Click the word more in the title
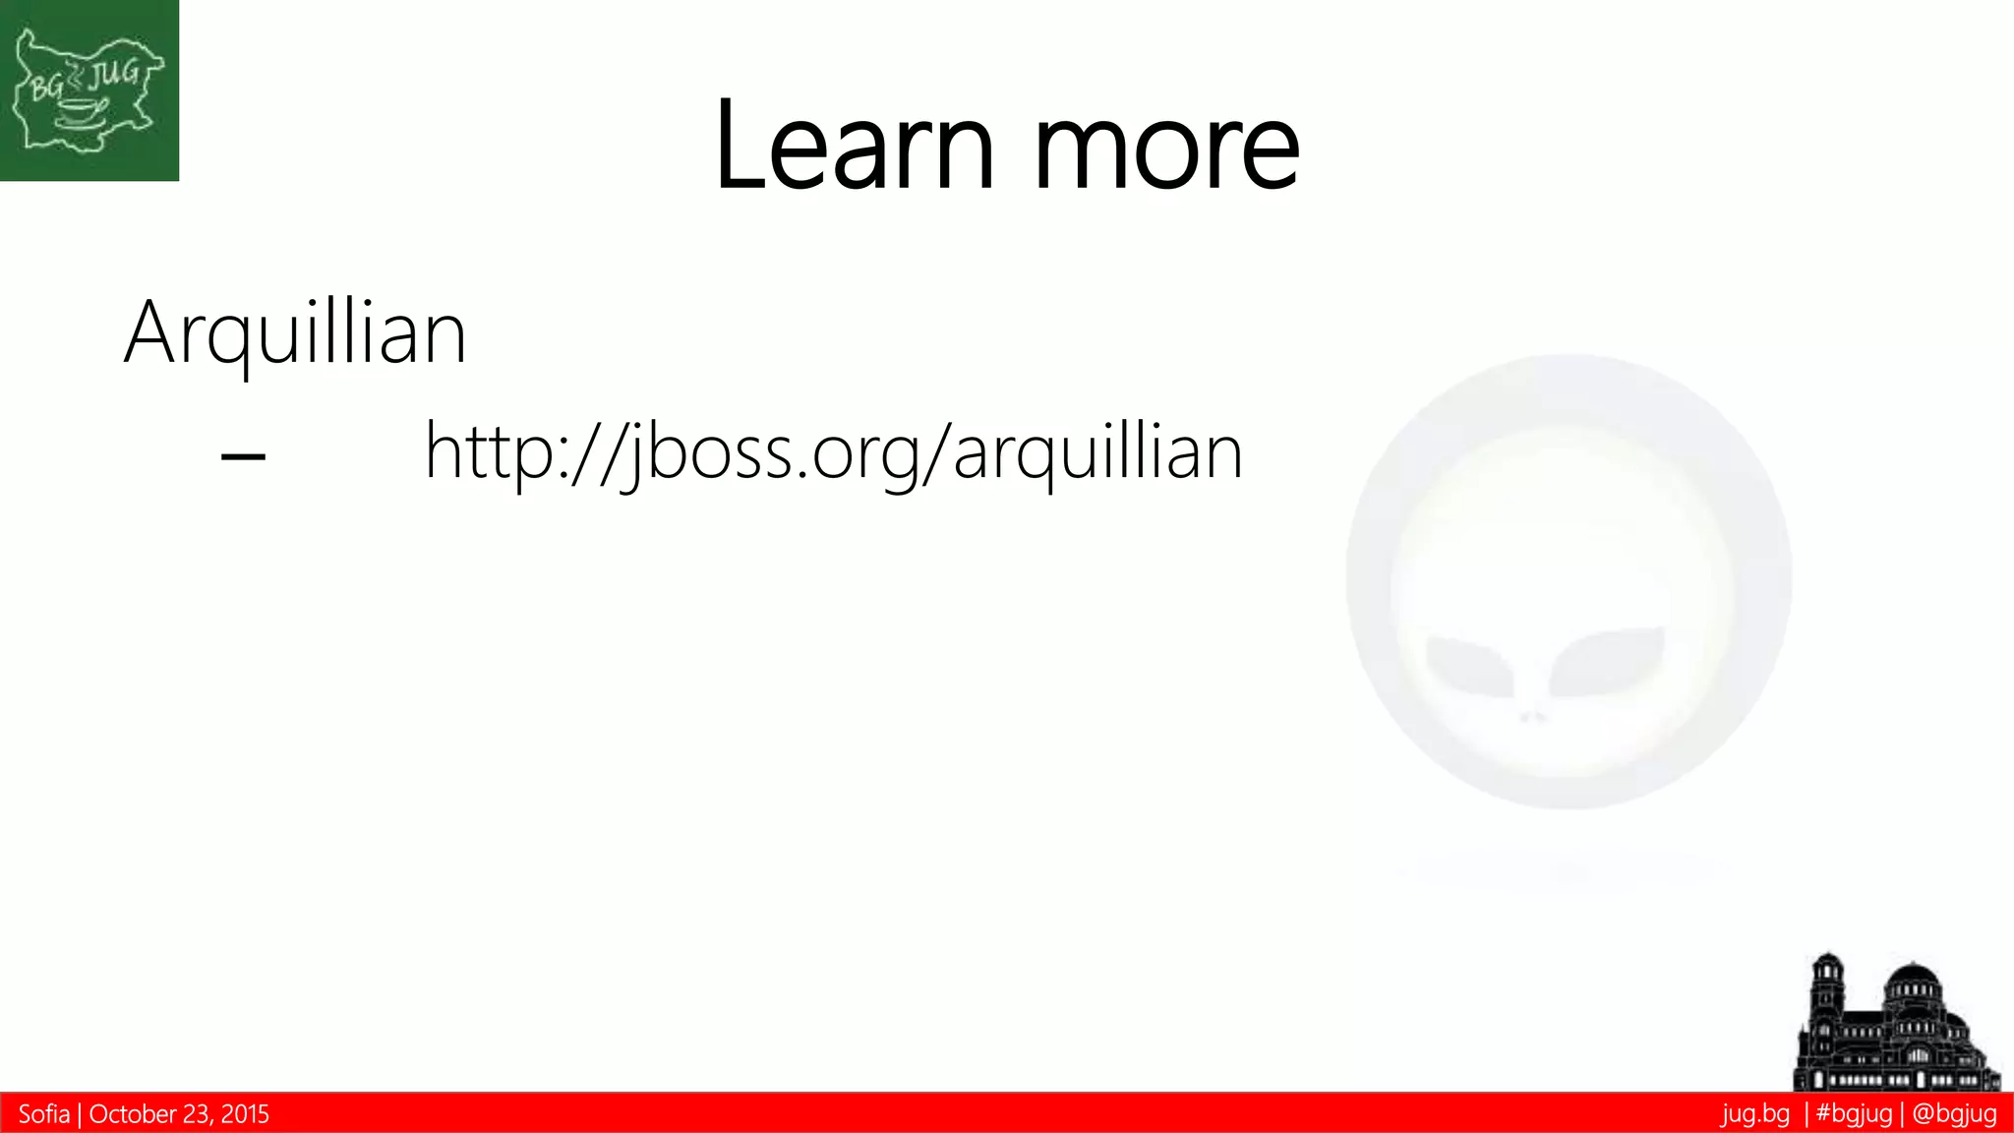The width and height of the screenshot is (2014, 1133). pyautogui.click(x=1167, y=152)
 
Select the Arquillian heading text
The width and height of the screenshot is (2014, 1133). pyautogui.click(x=295, y=334)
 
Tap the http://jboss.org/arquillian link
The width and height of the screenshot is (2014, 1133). pyautogui.click(x=834, y=452)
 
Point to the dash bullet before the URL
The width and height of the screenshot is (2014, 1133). pyautogui.click(x=243, y=456)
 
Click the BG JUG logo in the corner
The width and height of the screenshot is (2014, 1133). pyautogui.click(x=89, y=90)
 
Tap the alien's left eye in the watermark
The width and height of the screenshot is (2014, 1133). pyautogui.click(x=1469, y=664)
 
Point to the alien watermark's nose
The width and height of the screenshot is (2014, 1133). pyautogui.click(x=1533, y=717)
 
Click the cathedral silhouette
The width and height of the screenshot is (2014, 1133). pyautogui.click(x=1896, y=1028)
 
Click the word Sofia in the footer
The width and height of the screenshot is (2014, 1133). pyautogui.click(x=44, y=1114)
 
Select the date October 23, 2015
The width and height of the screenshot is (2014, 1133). pyautogui.click(x=179, y=1114)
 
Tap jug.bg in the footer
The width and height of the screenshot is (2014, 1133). pyautogui.click(x=1755, y=1114)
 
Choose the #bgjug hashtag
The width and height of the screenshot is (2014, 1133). pyautogui.click(x=1854, y=1114)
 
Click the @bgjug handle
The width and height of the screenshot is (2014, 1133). pyautogui.click(x=1954, y=1114)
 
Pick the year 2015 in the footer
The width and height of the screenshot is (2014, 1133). pyautogui.click(x=245, y=1114)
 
